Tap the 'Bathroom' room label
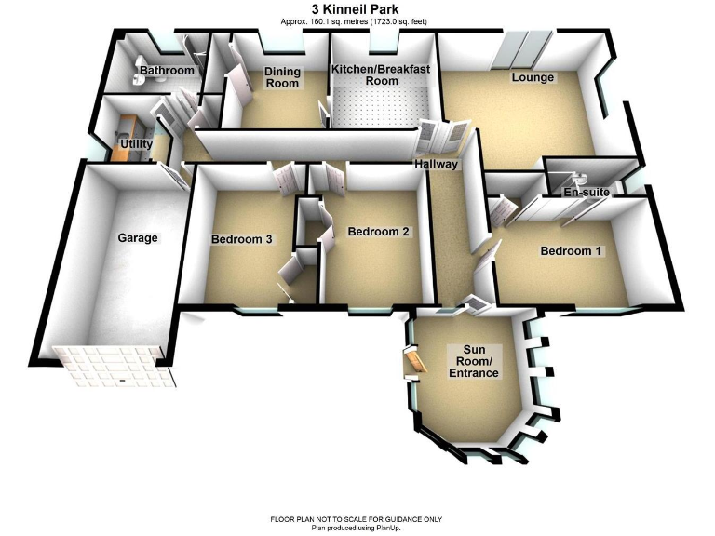click(167, 71)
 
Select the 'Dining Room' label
click(282, 77)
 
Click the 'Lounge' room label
click(533, 77)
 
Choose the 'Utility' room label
click(136, 144)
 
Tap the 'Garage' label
click(138, 238)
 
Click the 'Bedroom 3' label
click(241, 239)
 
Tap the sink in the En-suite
click(580, 177)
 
